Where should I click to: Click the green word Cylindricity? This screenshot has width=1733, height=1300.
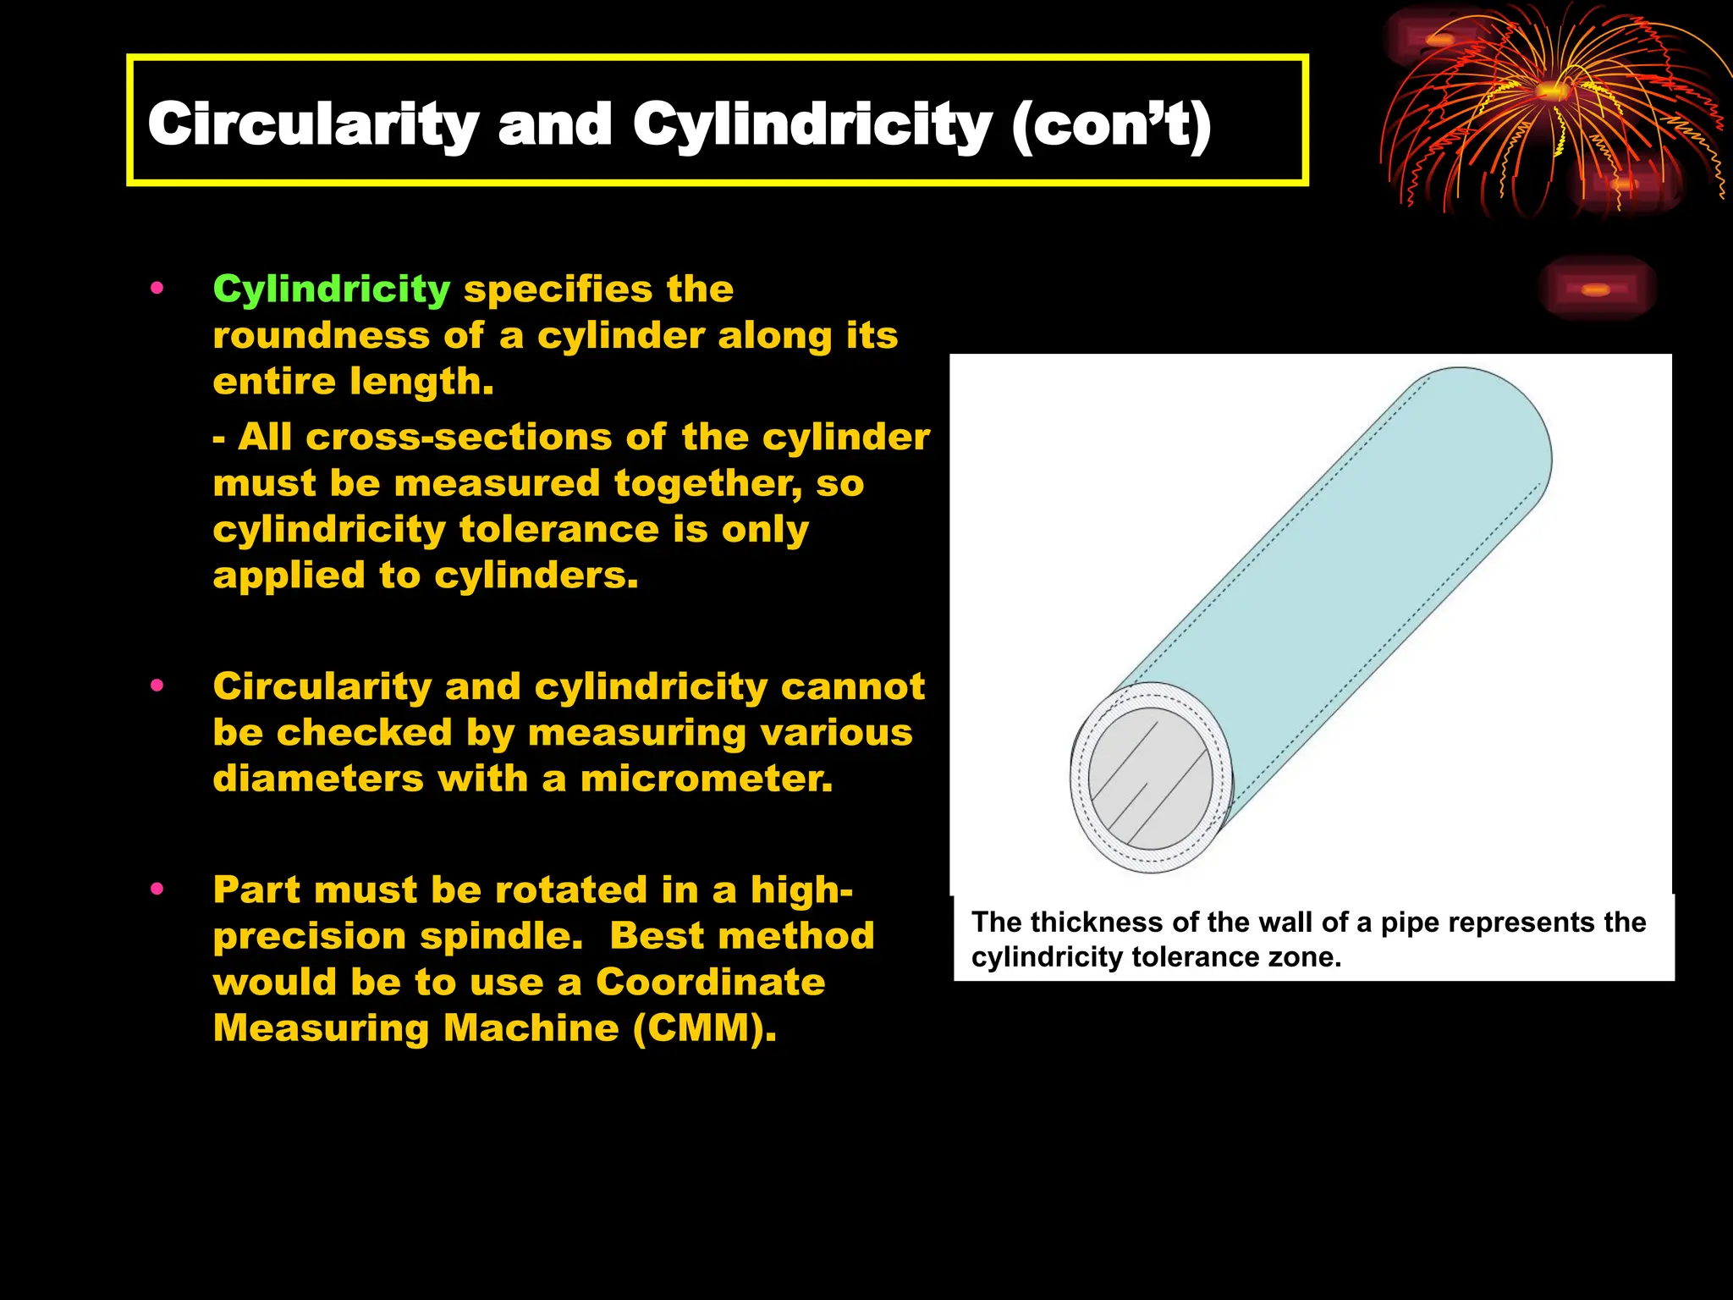click(x=331, y=289)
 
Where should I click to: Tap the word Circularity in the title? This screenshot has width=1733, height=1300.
click(x=313, y=124)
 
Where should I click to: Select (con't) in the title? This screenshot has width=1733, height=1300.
click(x=1111, y=125)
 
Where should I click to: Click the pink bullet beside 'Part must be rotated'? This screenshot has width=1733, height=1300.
click(x=157, y=889)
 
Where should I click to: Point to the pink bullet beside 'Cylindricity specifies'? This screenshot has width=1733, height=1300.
click(x=157, y=289)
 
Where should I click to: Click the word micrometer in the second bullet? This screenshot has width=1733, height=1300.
click(x=706, y=779)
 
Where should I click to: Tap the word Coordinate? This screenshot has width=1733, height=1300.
click(x=710, y=982)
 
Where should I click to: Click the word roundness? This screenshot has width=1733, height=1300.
click(x=321, y=336)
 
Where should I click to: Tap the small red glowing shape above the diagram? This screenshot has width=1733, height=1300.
click(x=1595, y=289)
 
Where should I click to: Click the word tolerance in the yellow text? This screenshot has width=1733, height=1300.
click(x=559, y=530)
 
